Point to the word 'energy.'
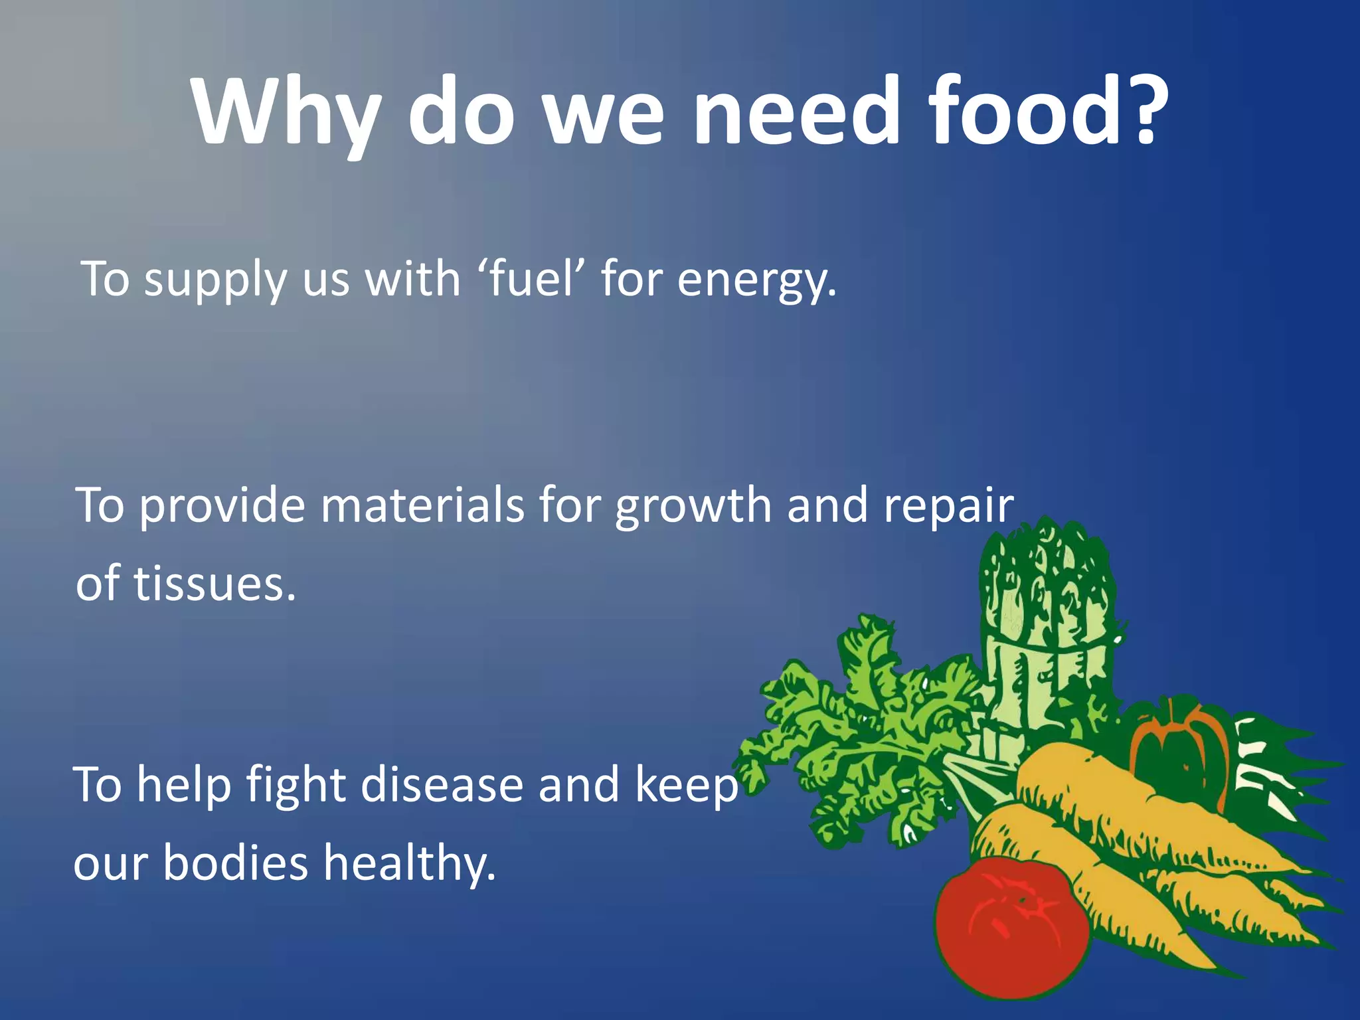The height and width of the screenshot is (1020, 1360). click(x=757, y=280)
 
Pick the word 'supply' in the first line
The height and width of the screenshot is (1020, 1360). click(x=216, y=280)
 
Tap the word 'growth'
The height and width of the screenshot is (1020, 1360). click(x=693, y=507)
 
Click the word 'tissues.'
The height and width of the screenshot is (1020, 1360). click(x=215, y=584)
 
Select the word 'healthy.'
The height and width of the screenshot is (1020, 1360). click(x=409, y=864)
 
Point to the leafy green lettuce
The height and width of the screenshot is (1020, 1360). click(x=863, y=730)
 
